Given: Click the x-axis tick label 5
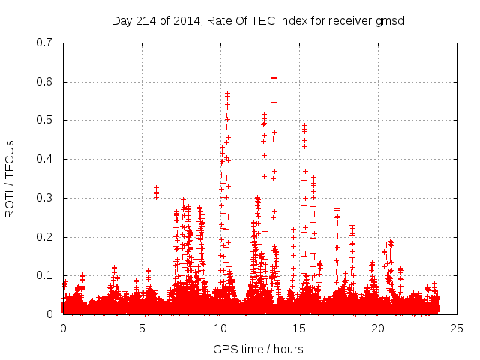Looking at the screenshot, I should [x=142, y=328].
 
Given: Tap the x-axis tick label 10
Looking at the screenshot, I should [x=220, y=328].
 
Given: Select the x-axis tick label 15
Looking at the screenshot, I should [x=299, y=328].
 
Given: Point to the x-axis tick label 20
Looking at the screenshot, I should [x=378, y=328].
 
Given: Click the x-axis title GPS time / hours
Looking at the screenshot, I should [x=258, y=349].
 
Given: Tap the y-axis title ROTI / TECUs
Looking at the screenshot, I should [x=10, y=178].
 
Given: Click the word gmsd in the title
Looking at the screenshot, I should [x=390, y=20].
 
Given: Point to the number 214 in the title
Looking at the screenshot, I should [x=144, y=20].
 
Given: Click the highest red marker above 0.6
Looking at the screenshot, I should [x=274, y=64].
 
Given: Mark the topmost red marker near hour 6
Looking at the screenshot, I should [x=156, y=188].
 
